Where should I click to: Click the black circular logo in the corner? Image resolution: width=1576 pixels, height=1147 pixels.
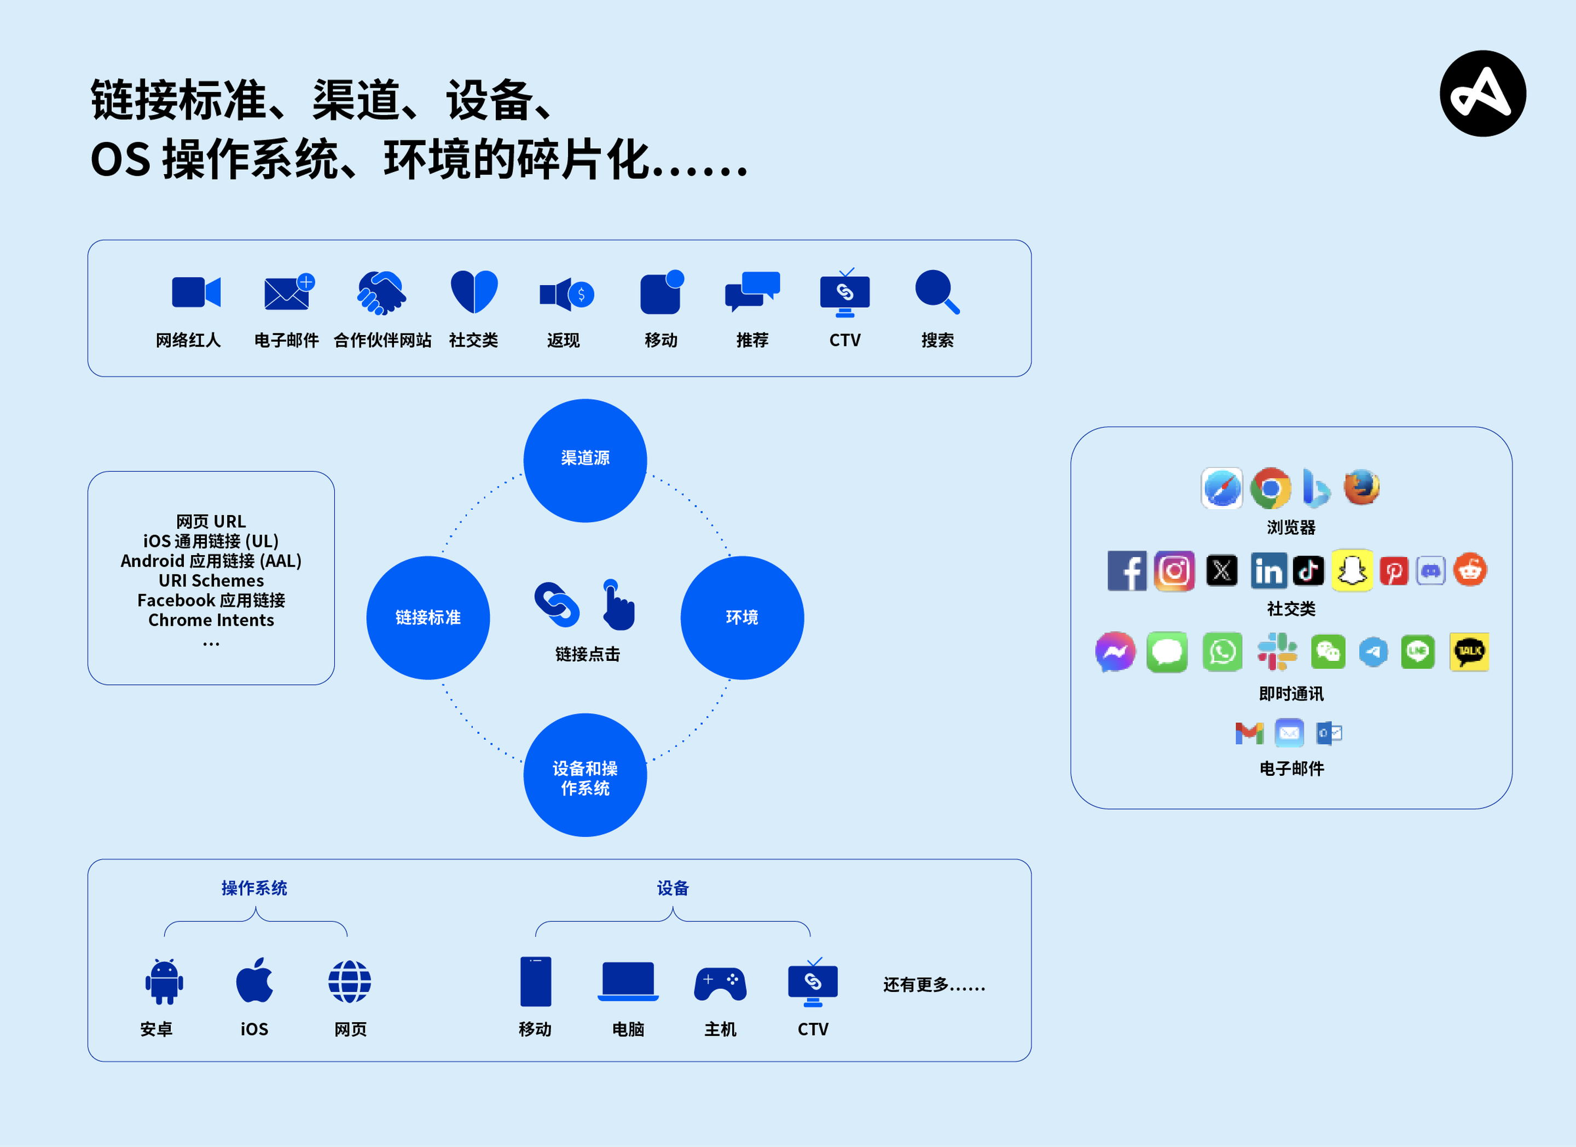pos(1482,94)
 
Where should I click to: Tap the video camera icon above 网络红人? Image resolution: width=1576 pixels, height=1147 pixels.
pos(195,292)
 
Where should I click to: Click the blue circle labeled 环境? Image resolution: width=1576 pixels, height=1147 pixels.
pos(741,617)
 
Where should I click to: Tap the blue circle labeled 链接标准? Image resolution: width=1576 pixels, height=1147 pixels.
pos(428,617)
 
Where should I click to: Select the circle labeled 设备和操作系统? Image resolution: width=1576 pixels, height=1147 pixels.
pos(585,775)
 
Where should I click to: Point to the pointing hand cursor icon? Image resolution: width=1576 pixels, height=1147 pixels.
pos(617,605)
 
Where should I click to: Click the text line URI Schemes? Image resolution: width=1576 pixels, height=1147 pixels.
pos(211,580)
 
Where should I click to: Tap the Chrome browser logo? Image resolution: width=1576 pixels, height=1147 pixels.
pos(1270,488)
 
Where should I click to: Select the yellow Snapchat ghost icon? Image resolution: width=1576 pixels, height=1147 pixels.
pos(1352,570)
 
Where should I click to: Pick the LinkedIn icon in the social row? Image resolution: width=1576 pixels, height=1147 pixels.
pos(1268,570)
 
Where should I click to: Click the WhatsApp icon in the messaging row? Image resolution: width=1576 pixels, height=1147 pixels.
pos(1221,652)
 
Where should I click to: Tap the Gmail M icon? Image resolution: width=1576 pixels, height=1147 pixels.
pos(1249,733)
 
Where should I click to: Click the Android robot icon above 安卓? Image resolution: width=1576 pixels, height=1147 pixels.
pos(164,981)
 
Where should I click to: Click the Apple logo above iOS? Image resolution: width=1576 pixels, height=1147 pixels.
pos(254,980)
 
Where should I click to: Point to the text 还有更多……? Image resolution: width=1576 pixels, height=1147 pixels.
pos(933,985)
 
